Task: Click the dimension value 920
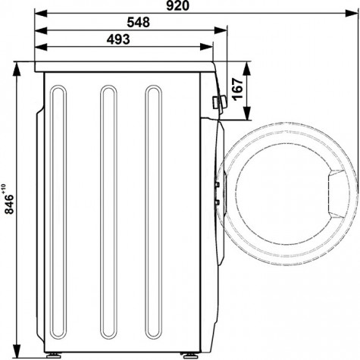pos(177,6)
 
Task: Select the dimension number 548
pos(138,22)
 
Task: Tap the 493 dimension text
pos(118,39)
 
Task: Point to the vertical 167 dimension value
pos(238,89)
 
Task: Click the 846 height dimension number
pos(9,204)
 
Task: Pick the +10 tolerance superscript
pos(3,189)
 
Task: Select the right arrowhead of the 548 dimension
pos(221,30)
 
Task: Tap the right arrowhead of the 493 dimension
pos(206,47)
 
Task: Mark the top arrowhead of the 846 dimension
pos(17,69)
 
